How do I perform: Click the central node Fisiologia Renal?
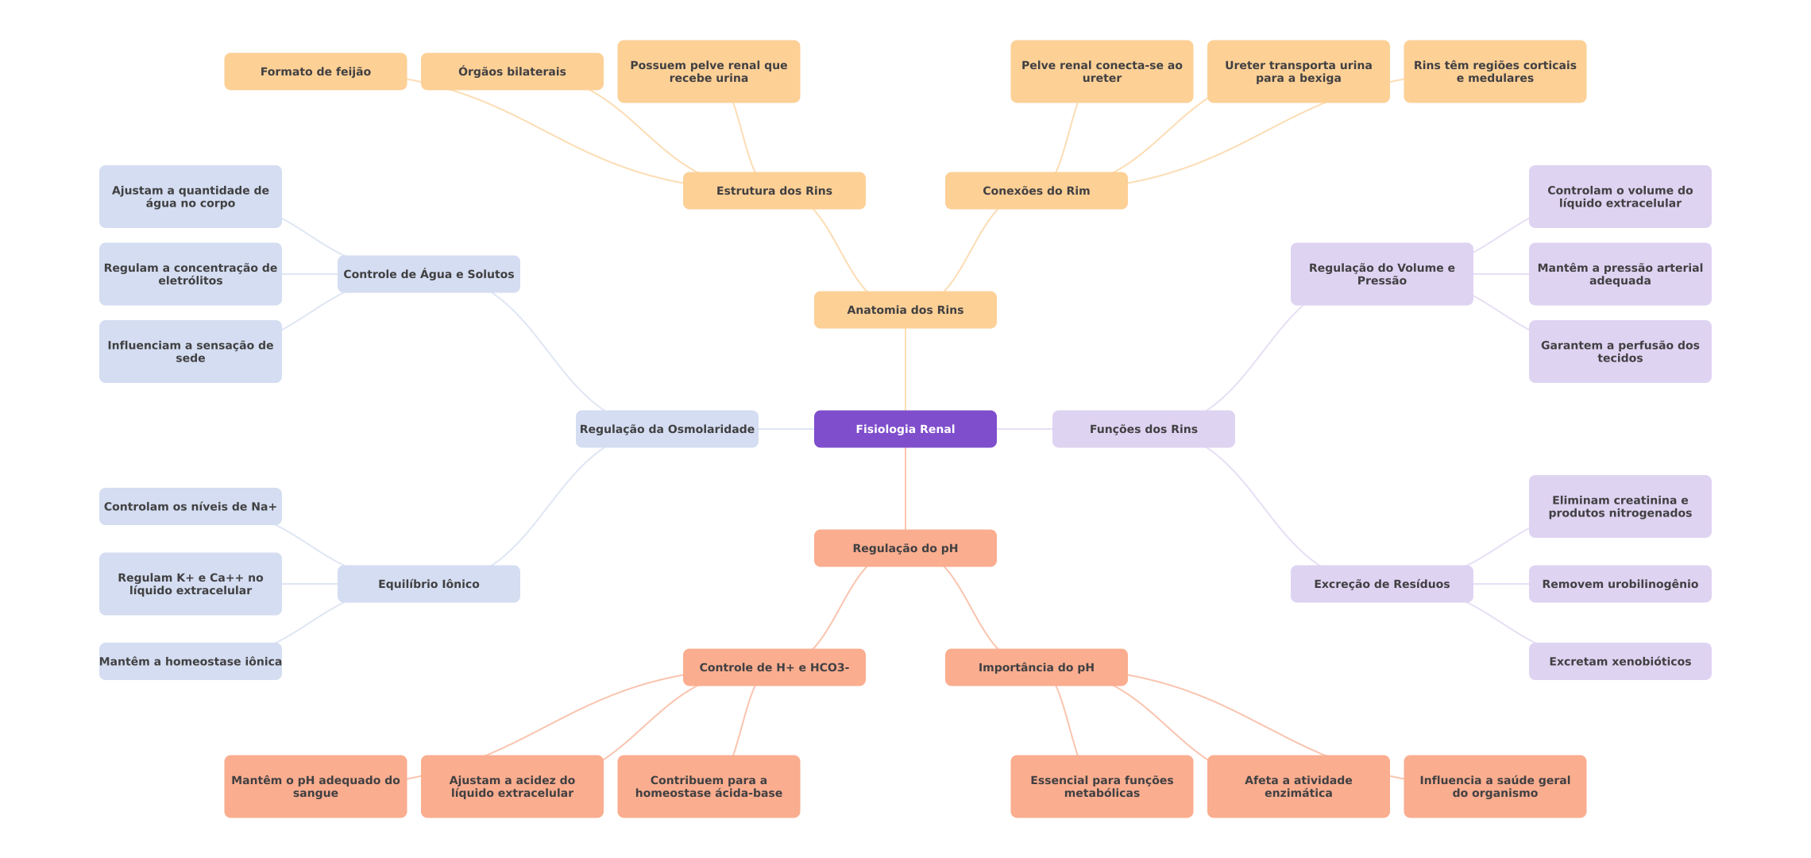click(905, 429)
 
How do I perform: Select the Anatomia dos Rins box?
click(905, 310)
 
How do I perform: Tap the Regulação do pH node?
click(905, 548)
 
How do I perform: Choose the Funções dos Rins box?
click(1143, 429)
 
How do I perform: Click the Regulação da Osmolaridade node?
click(666, 429)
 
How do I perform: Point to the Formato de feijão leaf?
click(315, 71)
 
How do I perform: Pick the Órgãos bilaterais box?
click(512, 71)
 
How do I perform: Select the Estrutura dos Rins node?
click(774, 191)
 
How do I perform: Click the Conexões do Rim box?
click(1036, 191)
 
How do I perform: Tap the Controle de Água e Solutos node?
click(428, 274)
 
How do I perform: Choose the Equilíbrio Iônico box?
click(428, 584)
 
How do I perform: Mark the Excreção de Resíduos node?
click(1381, 584)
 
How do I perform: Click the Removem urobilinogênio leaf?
click(1620, 584)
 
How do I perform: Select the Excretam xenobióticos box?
click(1620, 661)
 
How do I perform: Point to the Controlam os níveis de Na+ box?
click(190, 506)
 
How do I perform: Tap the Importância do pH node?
click(1036, 667)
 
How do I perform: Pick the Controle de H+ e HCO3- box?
click(774, 667)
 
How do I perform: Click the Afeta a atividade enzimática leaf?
click(1298, 786)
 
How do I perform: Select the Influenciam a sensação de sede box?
click(190, 351)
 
